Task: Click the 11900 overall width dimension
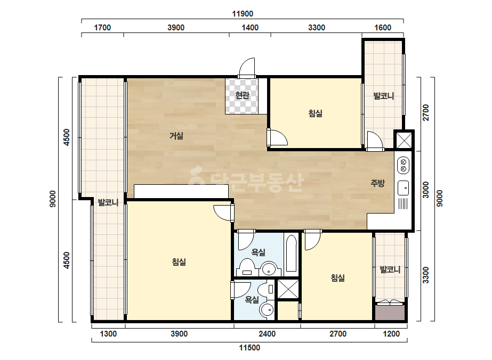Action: click(x=243, y=14)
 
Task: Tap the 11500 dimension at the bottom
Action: click(x=249, y=347)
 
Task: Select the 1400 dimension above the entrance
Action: click(x=250, y=28)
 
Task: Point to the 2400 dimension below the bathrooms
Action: click(x=267, y=334)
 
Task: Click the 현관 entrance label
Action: click(x=242, y=95)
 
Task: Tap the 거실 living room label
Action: click(x=176, y=136)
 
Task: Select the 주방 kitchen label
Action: click(x=377, y=183)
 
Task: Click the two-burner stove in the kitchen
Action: click(x=404, y=165)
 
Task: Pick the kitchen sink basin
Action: click(x=403, y=188)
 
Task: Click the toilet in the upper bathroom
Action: click(x=247, y=267)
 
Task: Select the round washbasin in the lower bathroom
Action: click(x=267, y=310)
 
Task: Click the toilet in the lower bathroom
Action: click(x=269, y=289)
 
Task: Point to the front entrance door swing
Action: click(x=247, y=68)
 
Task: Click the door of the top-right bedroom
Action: click(x=277, y=138)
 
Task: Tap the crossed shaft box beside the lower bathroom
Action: click(x=288, y=289)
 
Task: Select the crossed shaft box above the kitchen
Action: click(x=404, y=140)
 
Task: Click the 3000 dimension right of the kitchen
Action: click(x=425, y=190)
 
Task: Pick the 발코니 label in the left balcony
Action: click(x=108, y=202)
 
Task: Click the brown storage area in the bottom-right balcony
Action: click(x=390, y=313)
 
